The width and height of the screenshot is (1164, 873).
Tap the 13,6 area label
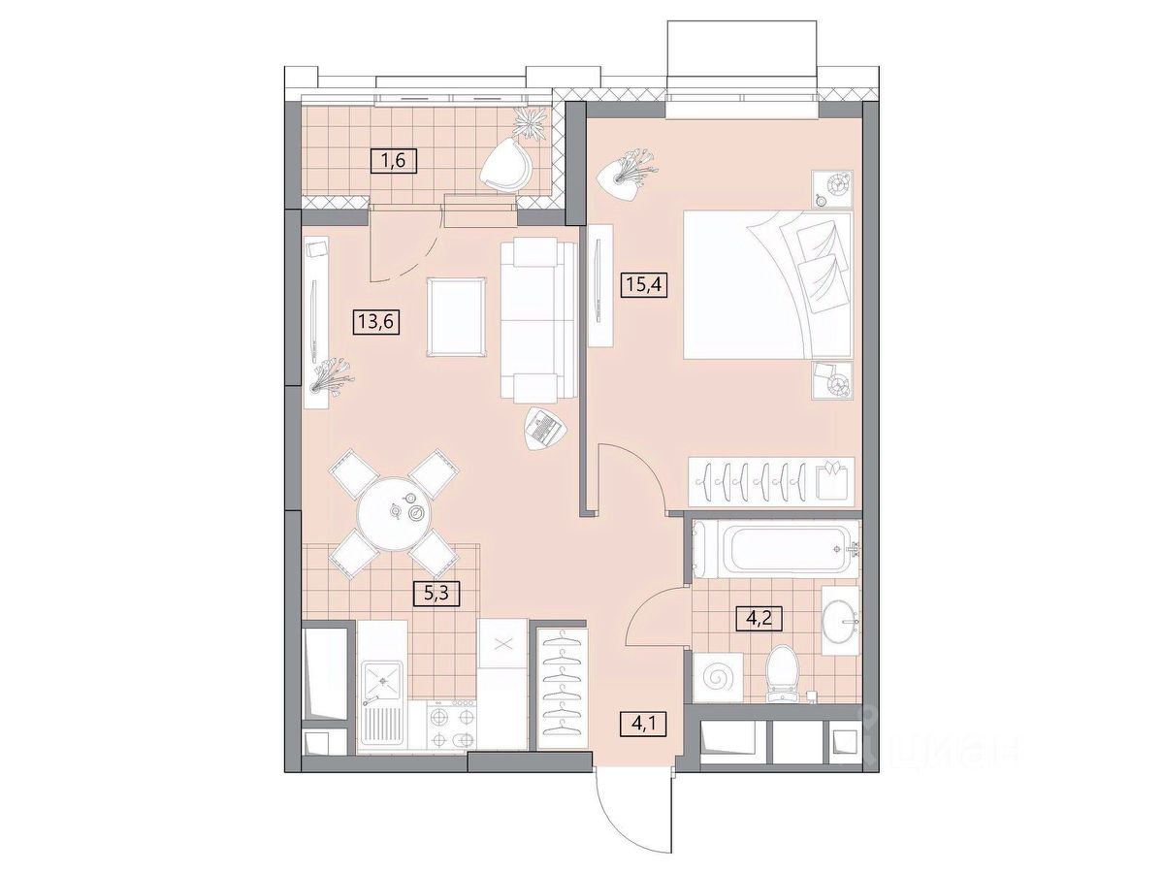(375, 321)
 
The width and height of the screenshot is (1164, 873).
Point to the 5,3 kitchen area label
(436, 592)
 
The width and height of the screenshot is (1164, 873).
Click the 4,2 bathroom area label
(759, 617)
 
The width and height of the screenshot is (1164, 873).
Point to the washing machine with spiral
(718, 677)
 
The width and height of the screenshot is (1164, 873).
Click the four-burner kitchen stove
(451, 728)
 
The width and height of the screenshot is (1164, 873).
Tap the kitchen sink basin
(381, 681)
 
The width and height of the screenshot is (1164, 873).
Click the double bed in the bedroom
(767, 284)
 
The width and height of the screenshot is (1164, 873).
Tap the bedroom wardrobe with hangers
(771, 481)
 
